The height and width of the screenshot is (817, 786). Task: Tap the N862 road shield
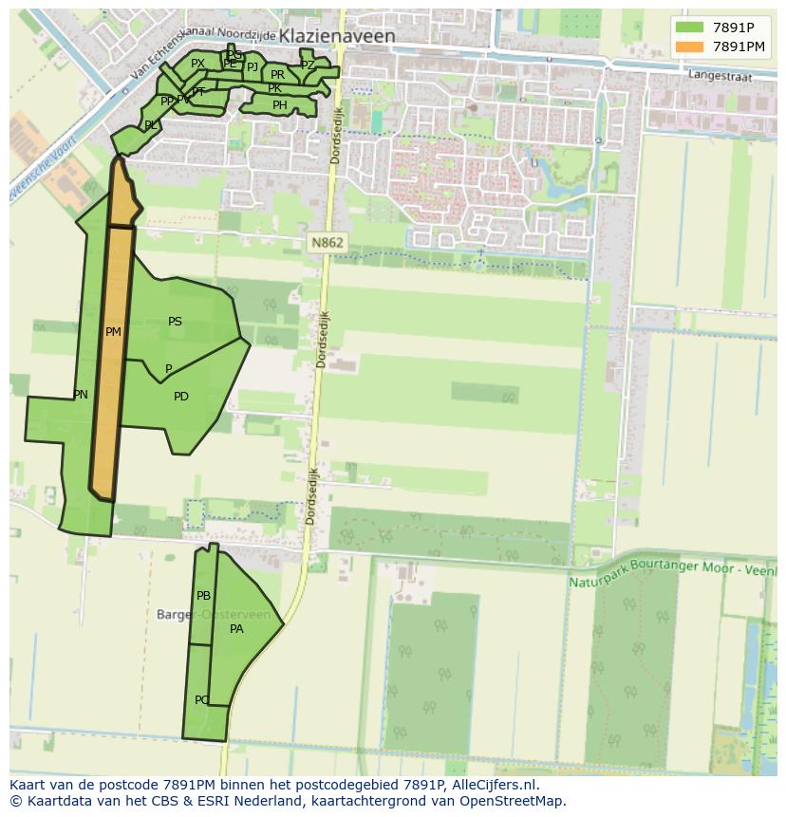coord(327,243)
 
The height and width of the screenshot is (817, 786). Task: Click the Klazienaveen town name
coord(337,37)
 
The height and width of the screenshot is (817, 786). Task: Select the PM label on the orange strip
coord(113,332)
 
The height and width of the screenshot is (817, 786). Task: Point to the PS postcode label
coord(175,322)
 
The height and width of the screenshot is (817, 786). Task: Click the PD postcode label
coord(181,397)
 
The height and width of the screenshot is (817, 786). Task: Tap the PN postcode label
coord(81,395)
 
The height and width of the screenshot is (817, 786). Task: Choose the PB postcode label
coord(203,596)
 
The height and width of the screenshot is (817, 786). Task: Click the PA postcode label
coord(237,628)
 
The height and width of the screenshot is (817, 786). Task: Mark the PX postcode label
coord(197,64)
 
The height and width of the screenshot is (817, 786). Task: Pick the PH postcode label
coord(279,105)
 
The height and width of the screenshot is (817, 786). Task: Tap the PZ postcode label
coord(307,65)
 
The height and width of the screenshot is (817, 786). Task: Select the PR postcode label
coord(277,74)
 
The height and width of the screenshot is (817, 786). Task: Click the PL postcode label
coord(151,125)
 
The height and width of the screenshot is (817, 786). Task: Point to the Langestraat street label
coord(719,72)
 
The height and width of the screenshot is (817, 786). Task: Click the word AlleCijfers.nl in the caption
coord(494,785)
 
